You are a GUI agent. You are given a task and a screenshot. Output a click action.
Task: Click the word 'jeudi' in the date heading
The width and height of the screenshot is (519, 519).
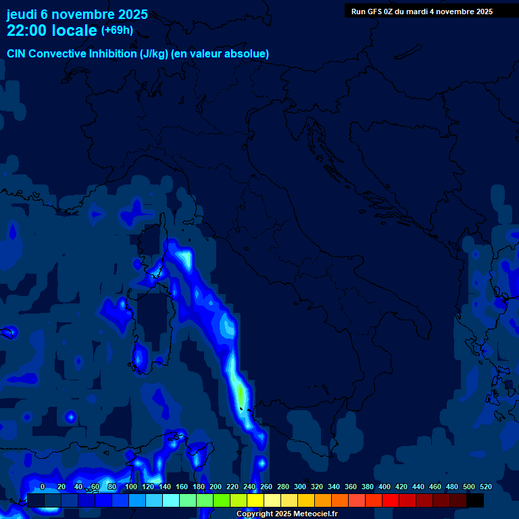(22, 14)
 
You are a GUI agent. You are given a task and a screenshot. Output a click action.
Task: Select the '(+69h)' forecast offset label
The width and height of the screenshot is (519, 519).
(116, 30)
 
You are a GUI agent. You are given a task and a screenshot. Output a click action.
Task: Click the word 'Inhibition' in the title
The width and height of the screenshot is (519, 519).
(112, 54)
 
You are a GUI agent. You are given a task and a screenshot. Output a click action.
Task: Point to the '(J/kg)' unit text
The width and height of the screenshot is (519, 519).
(153, 54)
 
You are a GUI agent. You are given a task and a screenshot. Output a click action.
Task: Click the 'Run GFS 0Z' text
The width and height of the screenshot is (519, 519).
(372, 11)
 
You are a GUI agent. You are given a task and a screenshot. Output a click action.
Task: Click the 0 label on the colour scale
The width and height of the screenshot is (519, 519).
(43, 487)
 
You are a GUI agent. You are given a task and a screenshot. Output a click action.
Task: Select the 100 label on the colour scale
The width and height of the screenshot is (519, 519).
(130, 487)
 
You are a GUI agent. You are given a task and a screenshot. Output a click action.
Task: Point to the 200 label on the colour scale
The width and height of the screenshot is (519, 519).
(215, 487)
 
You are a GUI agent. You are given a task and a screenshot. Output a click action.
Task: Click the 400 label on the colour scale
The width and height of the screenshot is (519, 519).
(384, 487)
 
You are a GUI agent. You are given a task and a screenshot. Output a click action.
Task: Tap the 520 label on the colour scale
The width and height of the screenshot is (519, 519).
(485, 487)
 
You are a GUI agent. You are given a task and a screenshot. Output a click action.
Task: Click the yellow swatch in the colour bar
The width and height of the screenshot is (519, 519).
(255, 501)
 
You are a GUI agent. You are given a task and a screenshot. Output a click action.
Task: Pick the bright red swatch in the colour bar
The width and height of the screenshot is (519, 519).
(391, 501)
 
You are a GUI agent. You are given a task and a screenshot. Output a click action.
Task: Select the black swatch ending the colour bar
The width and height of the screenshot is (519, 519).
(475, 501)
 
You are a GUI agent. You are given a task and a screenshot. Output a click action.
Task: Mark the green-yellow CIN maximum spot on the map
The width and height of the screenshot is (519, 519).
(241, 393)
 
